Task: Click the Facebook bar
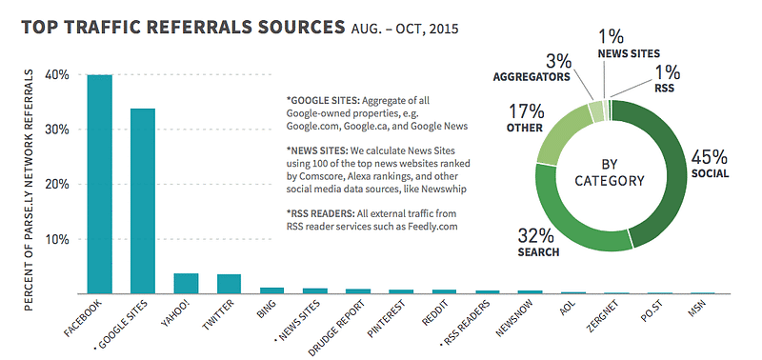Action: (100, 184)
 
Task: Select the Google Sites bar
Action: (143, 201)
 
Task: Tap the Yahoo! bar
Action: (186, 284)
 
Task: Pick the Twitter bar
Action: (229, 284)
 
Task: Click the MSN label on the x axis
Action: (698, 309)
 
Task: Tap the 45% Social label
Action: (710, 164)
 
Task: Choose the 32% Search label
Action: (538, 243)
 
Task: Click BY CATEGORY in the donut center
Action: (609, 172)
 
